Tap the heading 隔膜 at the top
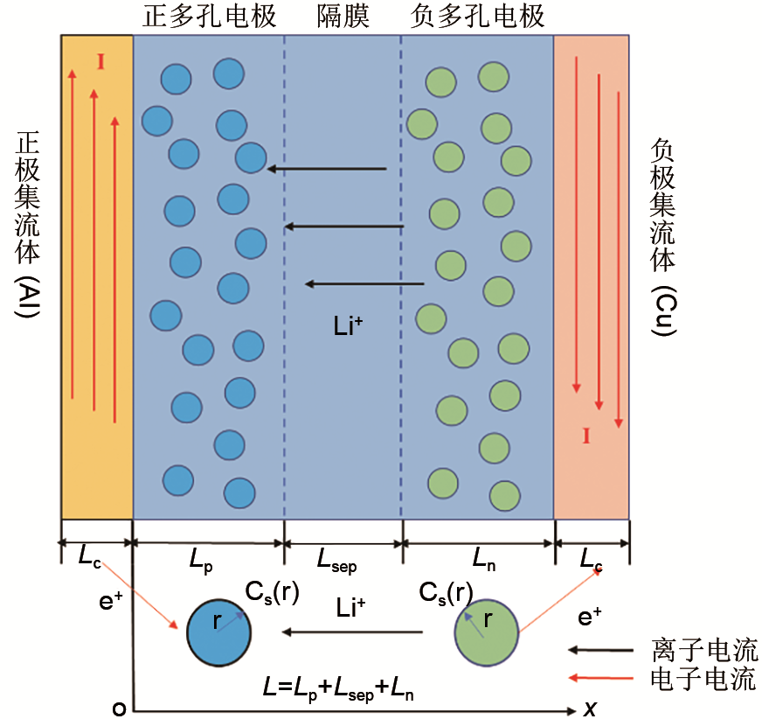point(343,17)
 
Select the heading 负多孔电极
point(477,17)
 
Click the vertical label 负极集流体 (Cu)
point(664,236)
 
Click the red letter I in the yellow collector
point(100,61)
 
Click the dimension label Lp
point(202,561)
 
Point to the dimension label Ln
point(482,561)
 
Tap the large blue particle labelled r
point(218,632)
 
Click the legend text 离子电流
point(704,650)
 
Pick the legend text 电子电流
point(704,679)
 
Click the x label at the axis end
point(590,709)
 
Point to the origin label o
point(120,709)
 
